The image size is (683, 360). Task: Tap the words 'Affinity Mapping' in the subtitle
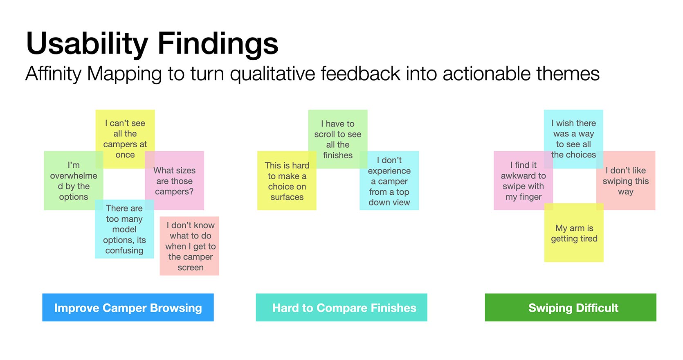coord(93,74)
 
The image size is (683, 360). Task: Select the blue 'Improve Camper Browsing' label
coord(128,308)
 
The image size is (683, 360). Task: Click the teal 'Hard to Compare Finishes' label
coord(341,308)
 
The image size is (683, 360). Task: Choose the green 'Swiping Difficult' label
coord(571,308)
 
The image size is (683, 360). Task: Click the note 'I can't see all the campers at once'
coord(125,139)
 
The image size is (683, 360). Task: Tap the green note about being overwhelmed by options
coord(74,180)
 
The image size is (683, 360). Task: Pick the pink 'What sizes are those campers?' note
coord(174,180)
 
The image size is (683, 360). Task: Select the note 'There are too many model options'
coord(124,229)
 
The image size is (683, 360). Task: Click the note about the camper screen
coord(189,246)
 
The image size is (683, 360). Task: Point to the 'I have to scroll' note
coord(338,139)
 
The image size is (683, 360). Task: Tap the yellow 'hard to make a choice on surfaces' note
coord(287,180)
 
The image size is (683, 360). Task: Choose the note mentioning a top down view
coord(389,180)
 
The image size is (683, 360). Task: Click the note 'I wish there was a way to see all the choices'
coord(573,139)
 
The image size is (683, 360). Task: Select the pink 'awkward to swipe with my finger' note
coord(523,180)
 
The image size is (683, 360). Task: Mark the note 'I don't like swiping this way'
coord(626,180)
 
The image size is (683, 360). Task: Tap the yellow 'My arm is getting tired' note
coord(574,233)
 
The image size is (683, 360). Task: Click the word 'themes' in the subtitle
coord(568,74)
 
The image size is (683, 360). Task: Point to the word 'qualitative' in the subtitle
coord(272,74)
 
